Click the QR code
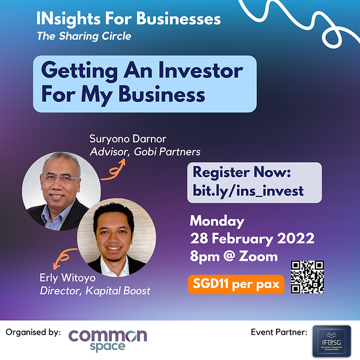307,277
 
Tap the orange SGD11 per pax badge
236,285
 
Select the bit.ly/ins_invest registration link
248,190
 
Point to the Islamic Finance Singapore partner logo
331,341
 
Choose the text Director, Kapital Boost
95,291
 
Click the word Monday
217,221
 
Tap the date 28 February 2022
252,239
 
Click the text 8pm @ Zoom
233,256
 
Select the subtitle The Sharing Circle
84,37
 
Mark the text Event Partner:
277,333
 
